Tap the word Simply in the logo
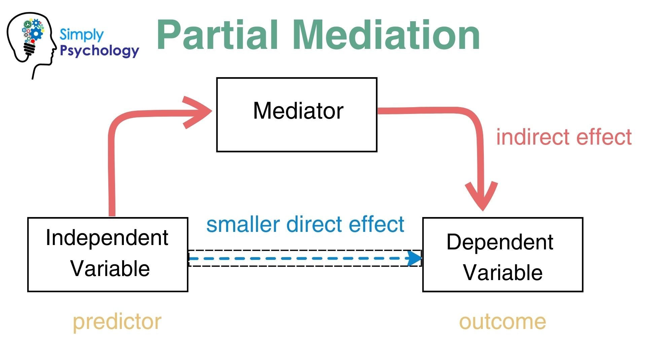(81, 35)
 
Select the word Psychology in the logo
(99, 51)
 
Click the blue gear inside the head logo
(36, 33)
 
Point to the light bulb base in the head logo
(30, 49)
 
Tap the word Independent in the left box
(107, 238)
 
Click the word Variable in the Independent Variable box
(110, 269)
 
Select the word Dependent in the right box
(500, 242)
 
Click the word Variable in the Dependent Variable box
(503, 272)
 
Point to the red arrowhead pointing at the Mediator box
(199, 112)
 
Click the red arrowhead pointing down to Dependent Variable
(482, 197)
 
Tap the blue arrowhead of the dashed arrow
(414, 259)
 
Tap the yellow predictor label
(117, 322)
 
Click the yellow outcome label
(502, 322)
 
